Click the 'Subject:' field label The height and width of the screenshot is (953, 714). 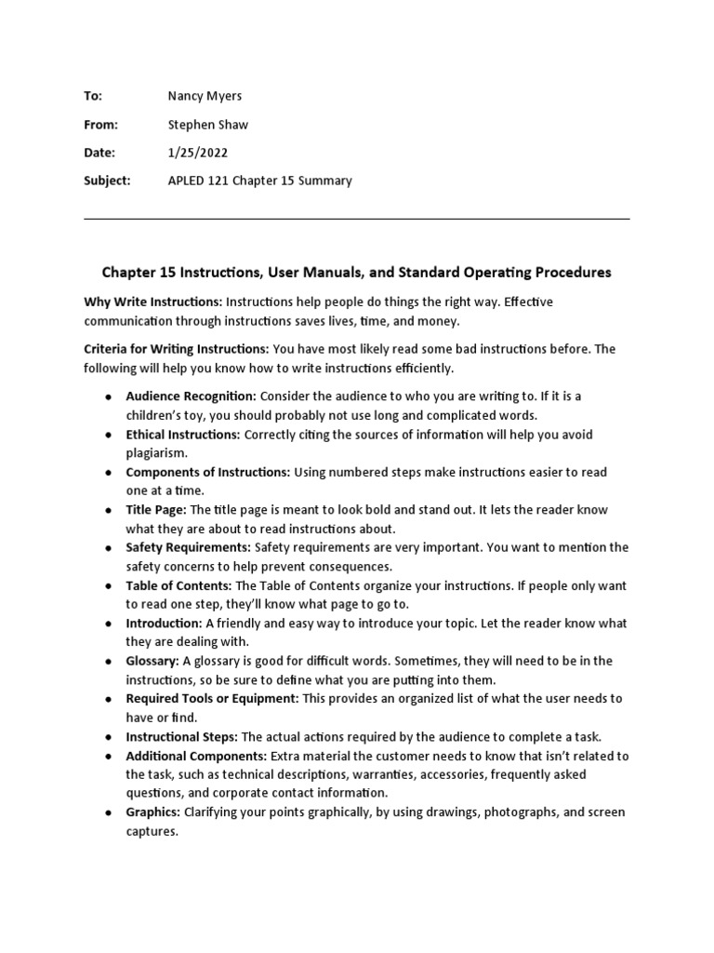tap(108, 181)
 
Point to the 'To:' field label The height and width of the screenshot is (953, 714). tap(93, 97)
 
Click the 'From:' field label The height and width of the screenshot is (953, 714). tap(101, 125)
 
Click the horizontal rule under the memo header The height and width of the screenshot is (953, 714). tap(357, 220)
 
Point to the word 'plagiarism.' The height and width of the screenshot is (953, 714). tap(157, 453)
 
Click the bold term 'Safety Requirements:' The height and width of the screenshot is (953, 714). tap(189, 547)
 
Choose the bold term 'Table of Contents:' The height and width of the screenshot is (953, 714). tap(179, 585)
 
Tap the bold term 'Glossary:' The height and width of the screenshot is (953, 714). tap(152, 661)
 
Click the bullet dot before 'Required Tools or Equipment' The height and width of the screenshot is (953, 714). tap(110, 699)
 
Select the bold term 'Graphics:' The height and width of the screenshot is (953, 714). tap(153, 812)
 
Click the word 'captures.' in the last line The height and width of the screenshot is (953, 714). tap(152, 831)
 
